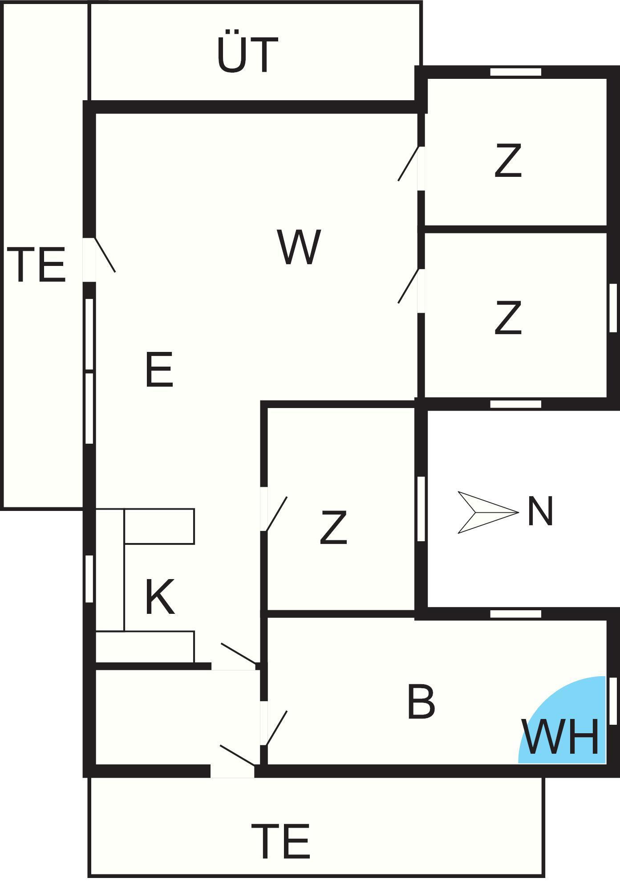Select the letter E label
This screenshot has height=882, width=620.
tap(159, 369)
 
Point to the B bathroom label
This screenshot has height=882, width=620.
tap(421, 702)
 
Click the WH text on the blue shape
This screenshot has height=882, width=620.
tap(560, 737)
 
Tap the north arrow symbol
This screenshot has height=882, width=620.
tap(488, 512)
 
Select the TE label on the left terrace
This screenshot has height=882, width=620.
tap(36, 265)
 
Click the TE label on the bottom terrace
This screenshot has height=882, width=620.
tap(280, 841)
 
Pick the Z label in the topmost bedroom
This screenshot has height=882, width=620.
tap(508, 161)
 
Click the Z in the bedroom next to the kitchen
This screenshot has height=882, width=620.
tap(333, 528)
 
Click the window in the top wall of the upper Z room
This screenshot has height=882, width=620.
tap(515, 72)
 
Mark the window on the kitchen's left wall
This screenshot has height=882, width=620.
tap(89, 579)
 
